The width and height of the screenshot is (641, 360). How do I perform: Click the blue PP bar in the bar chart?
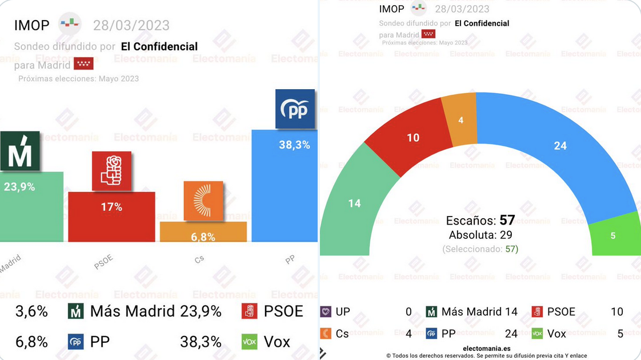click(x=284, y=194)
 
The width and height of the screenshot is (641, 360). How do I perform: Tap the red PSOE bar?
click(x=111, y=223)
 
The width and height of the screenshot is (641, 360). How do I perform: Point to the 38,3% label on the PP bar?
click(x=294, y=145)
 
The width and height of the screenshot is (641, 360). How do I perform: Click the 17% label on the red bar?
click(x=111, y=207)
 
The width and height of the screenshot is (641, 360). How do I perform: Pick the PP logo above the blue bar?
click(x=295, y=109)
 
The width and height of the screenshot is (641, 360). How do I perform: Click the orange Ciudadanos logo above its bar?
click(x=203, y=201)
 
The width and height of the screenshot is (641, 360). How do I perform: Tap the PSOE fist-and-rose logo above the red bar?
click(x=112, y=171)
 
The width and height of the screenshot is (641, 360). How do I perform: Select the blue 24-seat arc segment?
click(x=560, y=146)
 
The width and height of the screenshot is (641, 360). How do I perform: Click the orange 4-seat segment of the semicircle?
click(x=460, y=119)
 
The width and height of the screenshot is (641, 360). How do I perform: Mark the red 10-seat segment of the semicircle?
click(x=412, y=137)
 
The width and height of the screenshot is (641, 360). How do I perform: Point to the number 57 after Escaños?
click(x=507, y=221)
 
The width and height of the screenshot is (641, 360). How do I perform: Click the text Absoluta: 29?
click(x=480, y=235)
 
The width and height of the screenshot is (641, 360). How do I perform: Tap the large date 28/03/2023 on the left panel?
click(x=131, y=25)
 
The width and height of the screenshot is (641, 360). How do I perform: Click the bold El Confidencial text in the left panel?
click(x=159, y=46)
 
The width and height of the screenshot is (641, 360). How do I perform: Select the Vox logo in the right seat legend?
click(x=537, y=334)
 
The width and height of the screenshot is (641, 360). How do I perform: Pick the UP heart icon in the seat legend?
click(x=326, y=312)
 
